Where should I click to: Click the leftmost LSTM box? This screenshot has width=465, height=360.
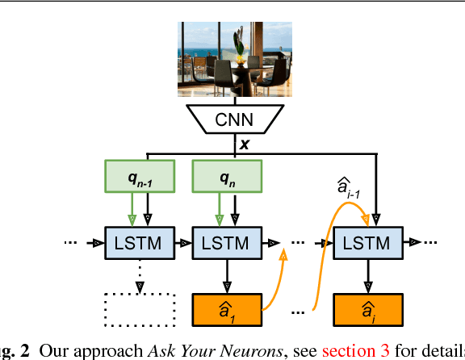click(140, 242)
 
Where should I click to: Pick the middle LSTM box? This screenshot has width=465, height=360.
click(225, 242)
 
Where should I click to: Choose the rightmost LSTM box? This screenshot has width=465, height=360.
click(367, 242)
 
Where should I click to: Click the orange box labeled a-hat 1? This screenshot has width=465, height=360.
click(225, 309)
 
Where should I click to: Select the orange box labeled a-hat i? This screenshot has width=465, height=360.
click(367, 309)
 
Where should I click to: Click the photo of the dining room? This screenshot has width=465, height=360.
click(232, 58)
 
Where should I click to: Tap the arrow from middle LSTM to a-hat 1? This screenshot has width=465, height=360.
click(225, 276)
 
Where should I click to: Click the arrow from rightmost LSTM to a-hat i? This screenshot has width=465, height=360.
click(367, 276)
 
